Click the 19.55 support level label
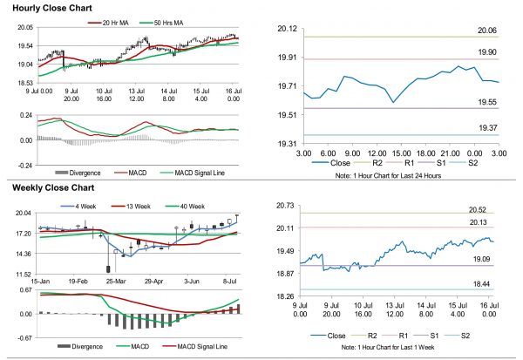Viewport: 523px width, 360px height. (488, 102)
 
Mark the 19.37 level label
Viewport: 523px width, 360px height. (488, 127)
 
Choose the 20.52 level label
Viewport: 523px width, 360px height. (488, 209)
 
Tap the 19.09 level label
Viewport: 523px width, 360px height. (488, 259)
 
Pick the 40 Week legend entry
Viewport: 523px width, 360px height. (189, 207)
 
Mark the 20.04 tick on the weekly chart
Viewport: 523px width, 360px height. (24, 214)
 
